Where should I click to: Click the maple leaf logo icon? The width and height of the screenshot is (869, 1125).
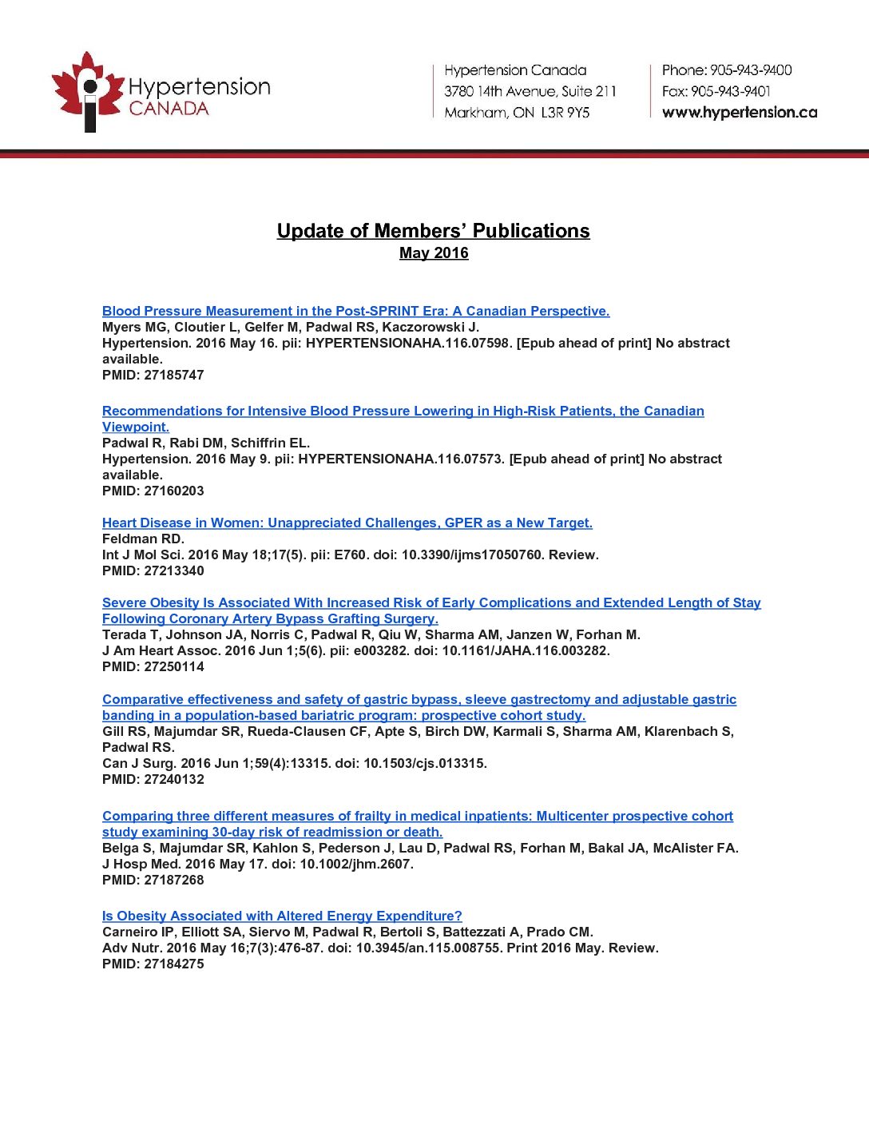87,90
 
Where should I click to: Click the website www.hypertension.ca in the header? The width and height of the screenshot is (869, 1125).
739,113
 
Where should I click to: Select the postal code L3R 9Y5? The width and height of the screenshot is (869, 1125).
565,113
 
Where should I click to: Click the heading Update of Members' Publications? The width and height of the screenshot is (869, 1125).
433,231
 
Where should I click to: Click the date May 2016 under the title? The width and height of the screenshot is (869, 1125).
434,253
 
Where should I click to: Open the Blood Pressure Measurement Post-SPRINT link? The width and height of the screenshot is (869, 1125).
355,311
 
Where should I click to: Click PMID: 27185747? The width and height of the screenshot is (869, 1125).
153,375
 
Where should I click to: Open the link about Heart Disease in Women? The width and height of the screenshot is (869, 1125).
347,523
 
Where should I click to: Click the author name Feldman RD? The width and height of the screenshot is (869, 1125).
143,539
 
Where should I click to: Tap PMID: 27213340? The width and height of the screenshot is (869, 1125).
153,570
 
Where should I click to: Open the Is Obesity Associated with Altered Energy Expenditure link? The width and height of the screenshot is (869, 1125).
282,916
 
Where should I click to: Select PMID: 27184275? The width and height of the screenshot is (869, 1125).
153,964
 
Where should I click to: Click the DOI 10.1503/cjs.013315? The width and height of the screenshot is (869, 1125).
424,763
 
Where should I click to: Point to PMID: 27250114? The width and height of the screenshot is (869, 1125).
153,666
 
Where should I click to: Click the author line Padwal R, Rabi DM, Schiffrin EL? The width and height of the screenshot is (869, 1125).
206,443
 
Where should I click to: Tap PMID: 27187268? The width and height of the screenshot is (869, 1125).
153,880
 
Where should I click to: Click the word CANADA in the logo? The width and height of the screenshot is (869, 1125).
169,109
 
